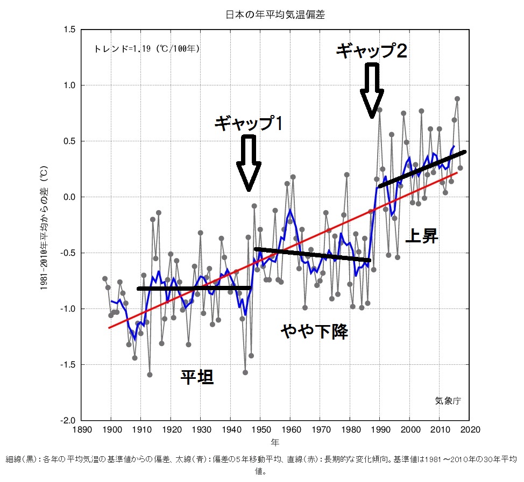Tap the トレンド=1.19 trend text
(147, 48)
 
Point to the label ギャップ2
(371, 51)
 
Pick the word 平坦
(197, 378)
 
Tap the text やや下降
(314, 331)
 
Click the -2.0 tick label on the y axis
(69, 420)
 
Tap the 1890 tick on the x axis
(81, 430)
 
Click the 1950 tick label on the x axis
(260, 430)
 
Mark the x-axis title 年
(275, 442)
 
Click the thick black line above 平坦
(194, 289)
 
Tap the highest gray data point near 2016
(457, 99)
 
